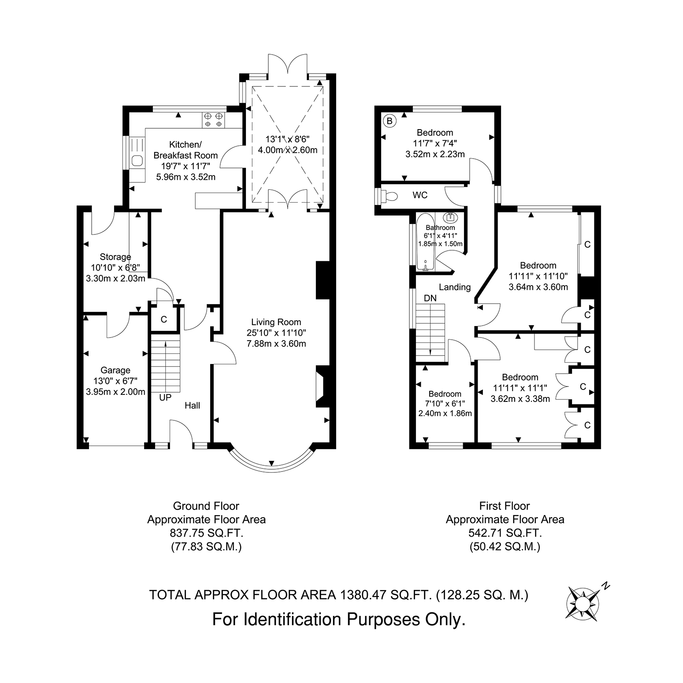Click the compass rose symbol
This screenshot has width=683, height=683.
coord(582,601)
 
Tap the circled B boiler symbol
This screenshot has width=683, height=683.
coord(389,120)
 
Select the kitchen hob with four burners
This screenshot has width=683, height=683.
coord(213,120)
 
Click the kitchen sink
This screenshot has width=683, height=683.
coord(137,161)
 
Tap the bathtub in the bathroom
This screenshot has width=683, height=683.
coord(425,241)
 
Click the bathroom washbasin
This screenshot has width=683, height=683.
coord(450,217)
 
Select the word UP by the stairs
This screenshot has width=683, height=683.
coord(165,397)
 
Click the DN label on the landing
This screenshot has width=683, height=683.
coord(430,298)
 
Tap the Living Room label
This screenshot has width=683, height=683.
coord(276,322)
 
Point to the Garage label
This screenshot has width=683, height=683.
coord(115,370)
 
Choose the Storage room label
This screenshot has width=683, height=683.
coord(115,257)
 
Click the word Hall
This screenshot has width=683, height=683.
coord(193,405)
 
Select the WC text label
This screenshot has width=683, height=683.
coord(420,195)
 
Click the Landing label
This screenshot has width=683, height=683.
coord(455,287)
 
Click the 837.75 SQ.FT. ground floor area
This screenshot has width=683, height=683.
coord(207,533)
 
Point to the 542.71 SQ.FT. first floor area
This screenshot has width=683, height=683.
coord(505,533)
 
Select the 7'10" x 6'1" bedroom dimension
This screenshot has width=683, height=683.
coord(445,404)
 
